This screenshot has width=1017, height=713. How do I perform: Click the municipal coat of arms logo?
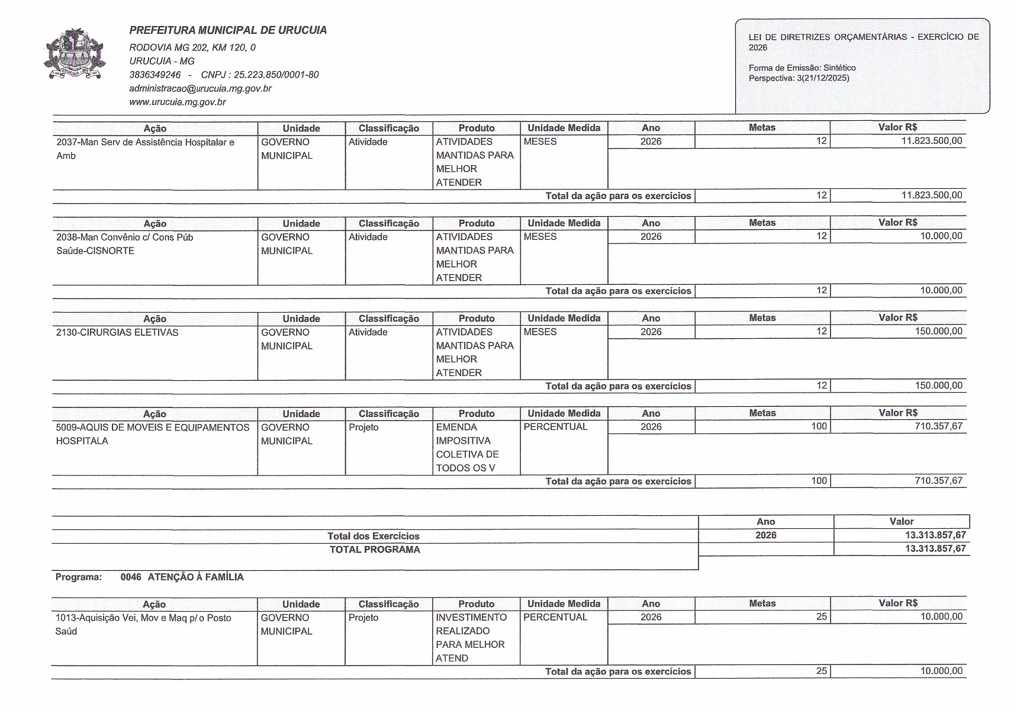(74, 53)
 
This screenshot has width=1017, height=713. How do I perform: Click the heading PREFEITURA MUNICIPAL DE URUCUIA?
(228, 30)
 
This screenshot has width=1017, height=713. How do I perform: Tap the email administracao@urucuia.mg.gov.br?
(200, 88)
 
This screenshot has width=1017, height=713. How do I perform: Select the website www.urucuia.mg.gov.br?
(178, 102)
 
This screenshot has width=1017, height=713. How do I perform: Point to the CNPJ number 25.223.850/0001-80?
(260, 75)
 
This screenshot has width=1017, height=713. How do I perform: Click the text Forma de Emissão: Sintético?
(802, 68)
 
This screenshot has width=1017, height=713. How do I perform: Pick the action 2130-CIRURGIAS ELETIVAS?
(117, 333)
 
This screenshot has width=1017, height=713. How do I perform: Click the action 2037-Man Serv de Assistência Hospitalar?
(145, 143)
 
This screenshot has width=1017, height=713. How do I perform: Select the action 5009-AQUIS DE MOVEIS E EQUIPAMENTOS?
(153, 428)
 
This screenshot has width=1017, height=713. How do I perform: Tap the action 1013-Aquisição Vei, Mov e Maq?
(143, 618)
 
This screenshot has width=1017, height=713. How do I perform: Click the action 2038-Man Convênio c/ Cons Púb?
(124, 237)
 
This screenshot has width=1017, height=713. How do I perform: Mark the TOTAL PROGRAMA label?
(375, 550)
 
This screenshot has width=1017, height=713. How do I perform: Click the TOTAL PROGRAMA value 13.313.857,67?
(935, 549)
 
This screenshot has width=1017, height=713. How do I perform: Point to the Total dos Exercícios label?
(374, 536)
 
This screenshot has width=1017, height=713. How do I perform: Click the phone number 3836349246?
(155, 75)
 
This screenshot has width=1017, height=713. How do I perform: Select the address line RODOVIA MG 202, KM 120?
(192, 47)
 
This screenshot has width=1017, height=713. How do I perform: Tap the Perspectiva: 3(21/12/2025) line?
(799, 78)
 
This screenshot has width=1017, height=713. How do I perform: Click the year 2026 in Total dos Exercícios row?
(765, 535)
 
